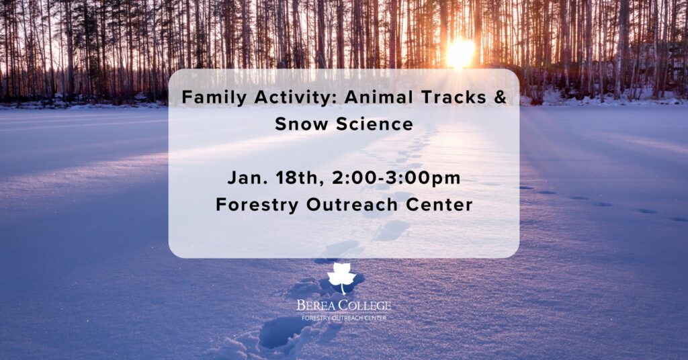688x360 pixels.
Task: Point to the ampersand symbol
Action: (x=500, y=97)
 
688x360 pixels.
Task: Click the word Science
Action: (x=375, y=124)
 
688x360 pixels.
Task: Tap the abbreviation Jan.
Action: (x=247, y=178)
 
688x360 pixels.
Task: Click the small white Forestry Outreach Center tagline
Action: (x=344, y=318)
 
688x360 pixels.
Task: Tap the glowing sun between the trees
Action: (x=460, y=53)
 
